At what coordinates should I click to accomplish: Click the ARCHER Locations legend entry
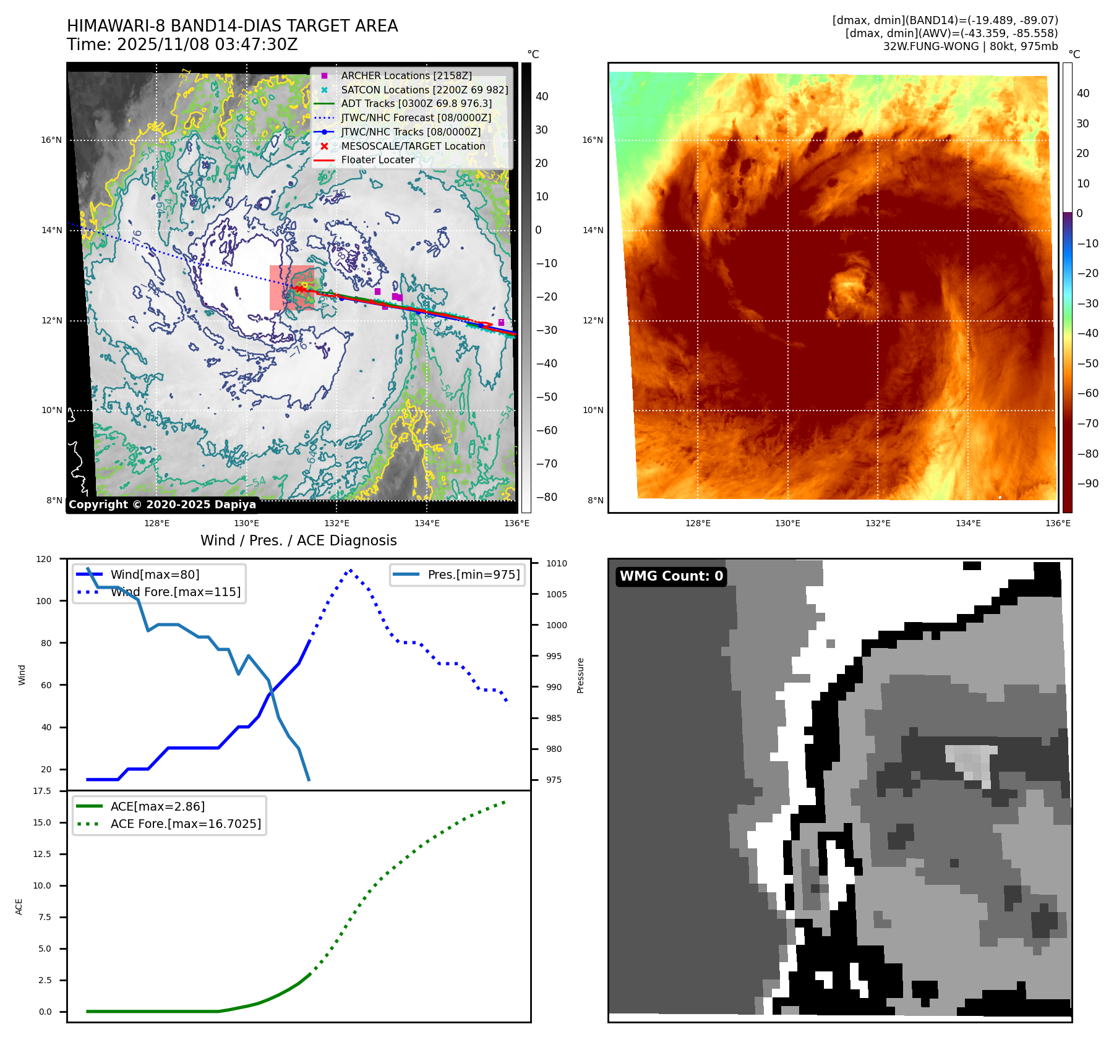point(406,75)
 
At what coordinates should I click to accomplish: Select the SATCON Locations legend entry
point(424,90)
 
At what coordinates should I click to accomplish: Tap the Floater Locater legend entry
point(377,160)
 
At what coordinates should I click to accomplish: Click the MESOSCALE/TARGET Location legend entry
point(413,146)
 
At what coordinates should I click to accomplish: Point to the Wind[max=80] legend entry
point(155,574)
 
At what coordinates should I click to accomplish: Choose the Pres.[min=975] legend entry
point(473,574)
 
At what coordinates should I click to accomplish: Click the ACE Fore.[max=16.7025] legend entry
point(186,824)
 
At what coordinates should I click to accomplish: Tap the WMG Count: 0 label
point(671,576)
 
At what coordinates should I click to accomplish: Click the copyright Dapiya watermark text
point(162,505)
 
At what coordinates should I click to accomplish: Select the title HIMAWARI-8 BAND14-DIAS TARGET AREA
point(232,26)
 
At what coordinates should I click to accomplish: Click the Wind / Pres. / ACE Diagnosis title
point(298,540)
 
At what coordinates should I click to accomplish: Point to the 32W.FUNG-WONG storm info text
point(970,46)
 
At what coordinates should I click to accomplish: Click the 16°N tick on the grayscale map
point(51,140)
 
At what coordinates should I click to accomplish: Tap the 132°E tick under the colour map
point(878,523)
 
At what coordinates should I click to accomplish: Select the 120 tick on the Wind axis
point(44,559)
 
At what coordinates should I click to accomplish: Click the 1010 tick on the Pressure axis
point(556,563)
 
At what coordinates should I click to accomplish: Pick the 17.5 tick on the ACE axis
point(42,791)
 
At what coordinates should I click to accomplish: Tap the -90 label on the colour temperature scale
point(1087,484)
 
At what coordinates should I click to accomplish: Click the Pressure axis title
point(580,675)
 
